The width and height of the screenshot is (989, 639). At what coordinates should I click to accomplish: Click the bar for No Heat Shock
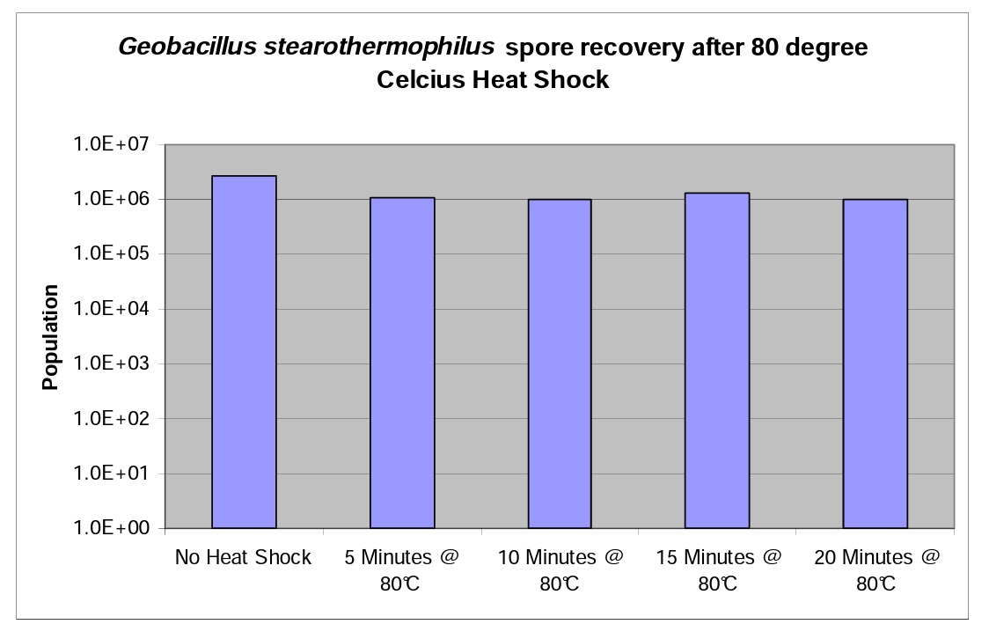(244, 352)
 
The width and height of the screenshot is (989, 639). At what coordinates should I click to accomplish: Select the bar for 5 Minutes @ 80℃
(401, 363)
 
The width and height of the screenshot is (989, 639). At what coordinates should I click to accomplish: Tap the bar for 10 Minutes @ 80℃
(559, 364)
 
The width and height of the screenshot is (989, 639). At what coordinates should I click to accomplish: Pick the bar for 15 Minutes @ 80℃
(717, 360)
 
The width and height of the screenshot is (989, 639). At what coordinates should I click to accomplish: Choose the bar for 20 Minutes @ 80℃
(875, 364)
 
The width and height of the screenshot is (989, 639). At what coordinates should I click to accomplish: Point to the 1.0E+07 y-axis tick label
(114, 144)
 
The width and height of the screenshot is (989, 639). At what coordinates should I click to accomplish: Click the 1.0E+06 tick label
(114, 200)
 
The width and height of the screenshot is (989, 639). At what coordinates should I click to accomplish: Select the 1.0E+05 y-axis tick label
(114, 254)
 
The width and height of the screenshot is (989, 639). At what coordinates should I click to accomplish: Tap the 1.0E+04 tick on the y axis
(114, 309)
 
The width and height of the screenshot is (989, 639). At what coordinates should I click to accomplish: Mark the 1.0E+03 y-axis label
(114, 364)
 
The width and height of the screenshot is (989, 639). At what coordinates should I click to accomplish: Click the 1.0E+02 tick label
(114, 419)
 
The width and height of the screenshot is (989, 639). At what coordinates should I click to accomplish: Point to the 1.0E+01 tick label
(114, 474)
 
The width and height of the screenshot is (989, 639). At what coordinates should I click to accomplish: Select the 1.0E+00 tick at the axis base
(114, 528)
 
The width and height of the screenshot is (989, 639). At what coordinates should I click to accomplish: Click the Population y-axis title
(51, 338)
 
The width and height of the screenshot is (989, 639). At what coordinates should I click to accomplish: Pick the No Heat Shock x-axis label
(243, 558)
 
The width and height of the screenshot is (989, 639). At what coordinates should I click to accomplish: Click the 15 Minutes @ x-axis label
(716, 558)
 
